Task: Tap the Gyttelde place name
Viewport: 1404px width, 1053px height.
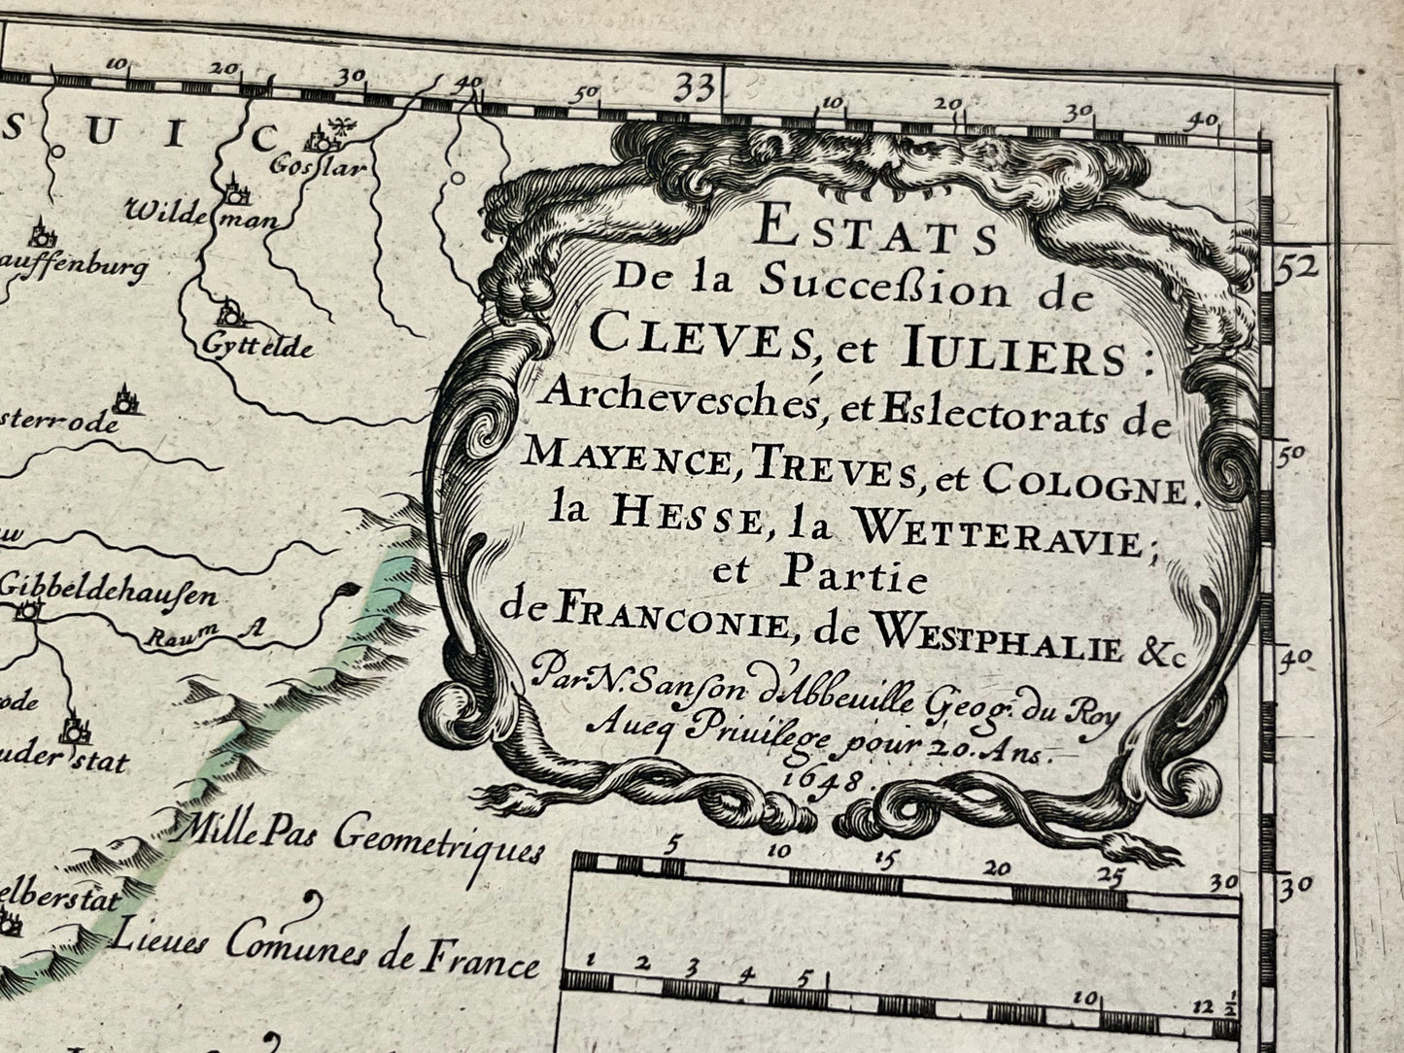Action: (257, 344)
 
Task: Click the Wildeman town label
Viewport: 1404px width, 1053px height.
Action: (201, 215)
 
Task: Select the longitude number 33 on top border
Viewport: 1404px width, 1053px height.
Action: (696, 88)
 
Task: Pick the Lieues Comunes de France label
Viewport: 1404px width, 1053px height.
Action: (325, 950)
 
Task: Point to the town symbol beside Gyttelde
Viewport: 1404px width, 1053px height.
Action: (231, 313)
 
